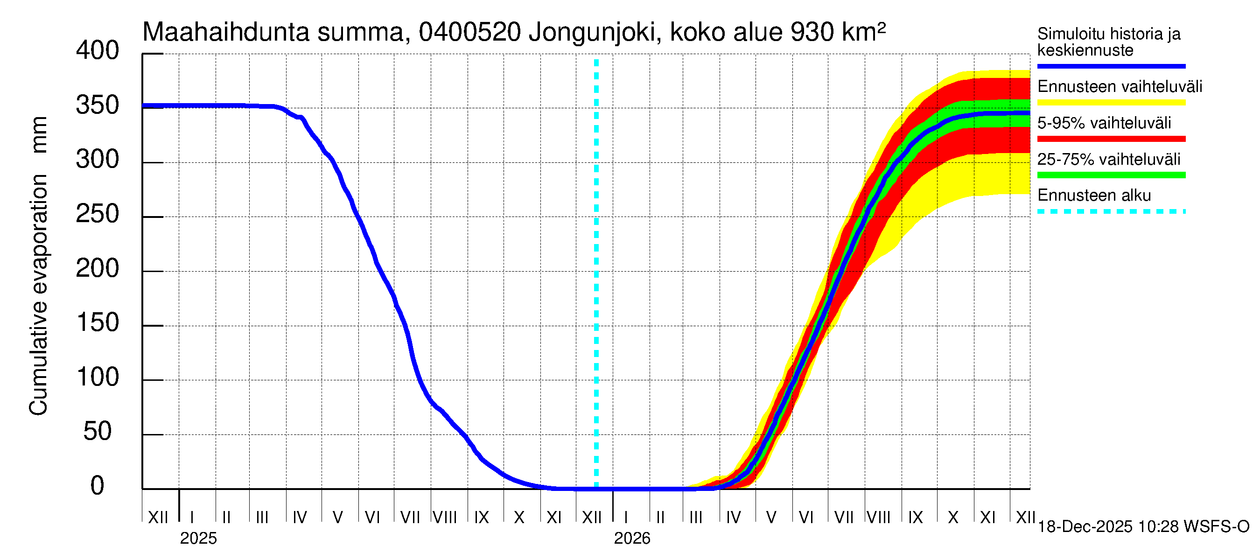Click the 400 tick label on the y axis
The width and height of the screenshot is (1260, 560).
pos(97,51)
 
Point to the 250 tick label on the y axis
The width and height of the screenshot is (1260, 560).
pos(97,214)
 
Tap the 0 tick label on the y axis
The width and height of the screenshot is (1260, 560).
pos(98,486)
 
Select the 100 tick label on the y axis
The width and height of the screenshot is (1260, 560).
pos(98,377)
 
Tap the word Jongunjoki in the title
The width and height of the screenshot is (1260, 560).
pos(592,32)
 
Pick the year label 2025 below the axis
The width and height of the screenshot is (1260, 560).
pos(198,539)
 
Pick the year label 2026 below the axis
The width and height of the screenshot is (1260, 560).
pos(632,539)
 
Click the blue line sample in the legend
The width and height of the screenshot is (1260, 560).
pos(1111,66)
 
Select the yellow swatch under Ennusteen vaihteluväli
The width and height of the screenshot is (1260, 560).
pos(1111,103)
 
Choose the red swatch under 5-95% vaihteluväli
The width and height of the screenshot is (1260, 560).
pos(1111,139)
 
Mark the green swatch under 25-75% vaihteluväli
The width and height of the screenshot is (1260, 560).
pos(1111,175)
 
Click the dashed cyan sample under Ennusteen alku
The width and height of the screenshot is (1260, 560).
pos(1111,212)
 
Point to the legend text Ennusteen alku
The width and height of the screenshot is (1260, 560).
pos(1094,196)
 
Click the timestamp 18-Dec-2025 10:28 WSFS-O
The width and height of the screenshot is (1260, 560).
pos(1143,527)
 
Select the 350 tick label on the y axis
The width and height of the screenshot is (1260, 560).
pos(97,105)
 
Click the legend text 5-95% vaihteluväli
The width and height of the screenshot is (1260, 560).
pos(1104,123)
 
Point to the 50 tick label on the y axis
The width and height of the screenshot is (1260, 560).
pos(98,431)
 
